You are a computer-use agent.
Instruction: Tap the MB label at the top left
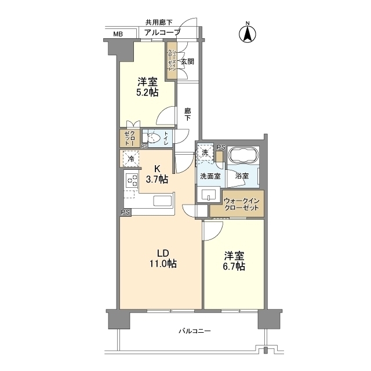coord(118,34)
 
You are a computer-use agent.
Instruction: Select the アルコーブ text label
coord(162,32)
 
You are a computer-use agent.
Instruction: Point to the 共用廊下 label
coord(159,23)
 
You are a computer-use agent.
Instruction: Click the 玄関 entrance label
coord(187,61)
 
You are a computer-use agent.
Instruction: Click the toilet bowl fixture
coord(152,138)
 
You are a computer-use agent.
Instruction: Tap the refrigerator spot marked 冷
coord(131,158)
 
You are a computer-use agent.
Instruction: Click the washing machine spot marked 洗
coord(205,152)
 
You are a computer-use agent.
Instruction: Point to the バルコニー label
coord(194,331)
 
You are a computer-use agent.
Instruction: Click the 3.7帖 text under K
coord(157,180)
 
